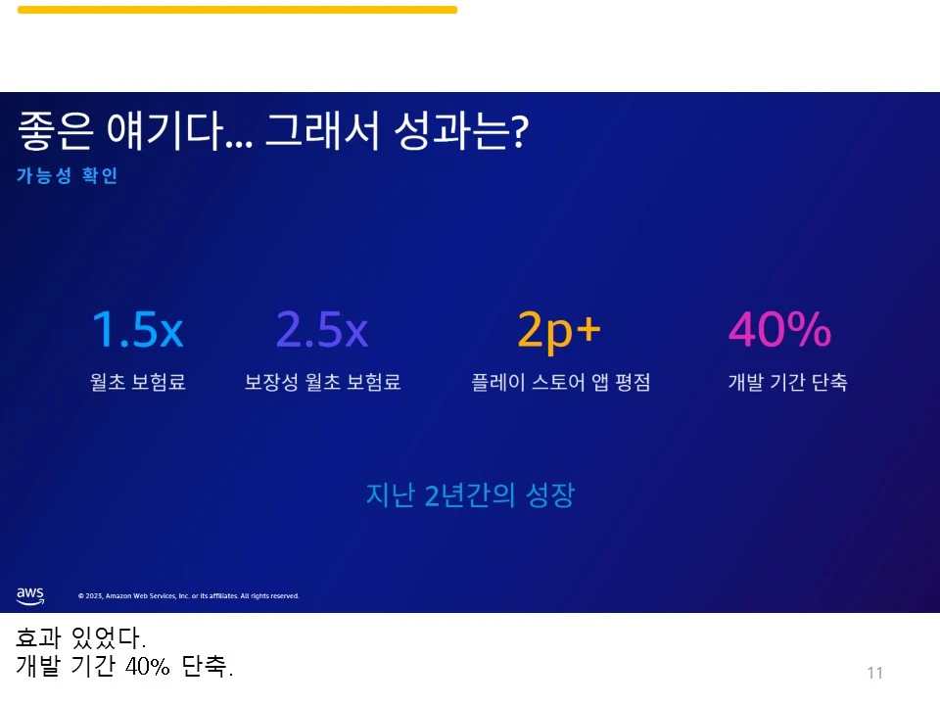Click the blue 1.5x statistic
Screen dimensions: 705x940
click(137, 331)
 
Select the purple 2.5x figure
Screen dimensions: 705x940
click(322, 331)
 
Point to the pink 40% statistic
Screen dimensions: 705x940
click(779, 331)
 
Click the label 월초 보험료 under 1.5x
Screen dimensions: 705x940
click(137, 383)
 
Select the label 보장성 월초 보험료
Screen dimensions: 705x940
click(322, 383)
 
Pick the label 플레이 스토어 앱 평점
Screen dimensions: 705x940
click(560, 383)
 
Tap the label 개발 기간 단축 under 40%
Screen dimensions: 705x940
click(787, 383)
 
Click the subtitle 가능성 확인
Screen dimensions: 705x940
click(67, 176)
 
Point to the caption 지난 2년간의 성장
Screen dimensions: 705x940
click(469, 494)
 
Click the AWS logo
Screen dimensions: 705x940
click(30, 594)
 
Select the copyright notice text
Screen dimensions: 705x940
click(188, 595)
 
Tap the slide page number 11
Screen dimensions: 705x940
click(874, 673)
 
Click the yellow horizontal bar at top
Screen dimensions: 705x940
click(237, 10)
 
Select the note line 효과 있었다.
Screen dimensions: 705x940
click(80, 639)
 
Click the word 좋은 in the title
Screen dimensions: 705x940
click(49, 132)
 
